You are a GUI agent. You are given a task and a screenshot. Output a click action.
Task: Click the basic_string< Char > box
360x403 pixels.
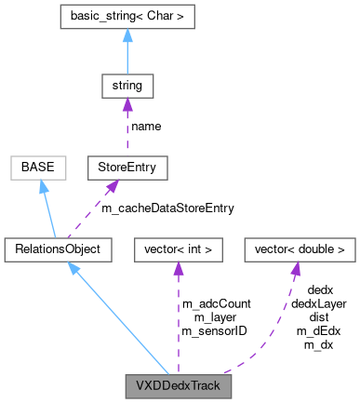coord(127,17)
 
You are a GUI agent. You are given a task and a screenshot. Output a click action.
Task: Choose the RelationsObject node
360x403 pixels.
coord(58,249)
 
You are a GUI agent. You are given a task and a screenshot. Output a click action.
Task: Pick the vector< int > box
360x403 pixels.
coord(179,249)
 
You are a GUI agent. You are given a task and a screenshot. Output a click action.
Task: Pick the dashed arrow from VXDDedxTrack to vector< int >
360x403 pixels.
coord(179,316)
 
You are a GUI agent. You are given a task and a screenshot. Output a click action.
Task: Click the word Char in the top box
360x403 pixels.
coord(165,17)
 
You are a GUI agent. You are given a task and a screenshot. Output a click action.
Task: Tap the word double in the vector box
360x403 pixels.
coord(313,249)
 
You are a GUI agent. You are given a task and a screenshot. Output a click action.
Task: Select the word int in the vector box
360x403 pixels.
coord(198,249)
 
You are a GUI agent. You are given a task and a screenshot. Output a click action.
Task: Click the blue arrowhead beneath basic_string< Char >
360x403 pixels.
coord(127,36)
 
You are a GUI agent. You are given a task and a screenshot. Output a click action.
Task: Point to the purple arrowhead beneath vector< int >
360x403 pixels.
coord(179,268)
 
